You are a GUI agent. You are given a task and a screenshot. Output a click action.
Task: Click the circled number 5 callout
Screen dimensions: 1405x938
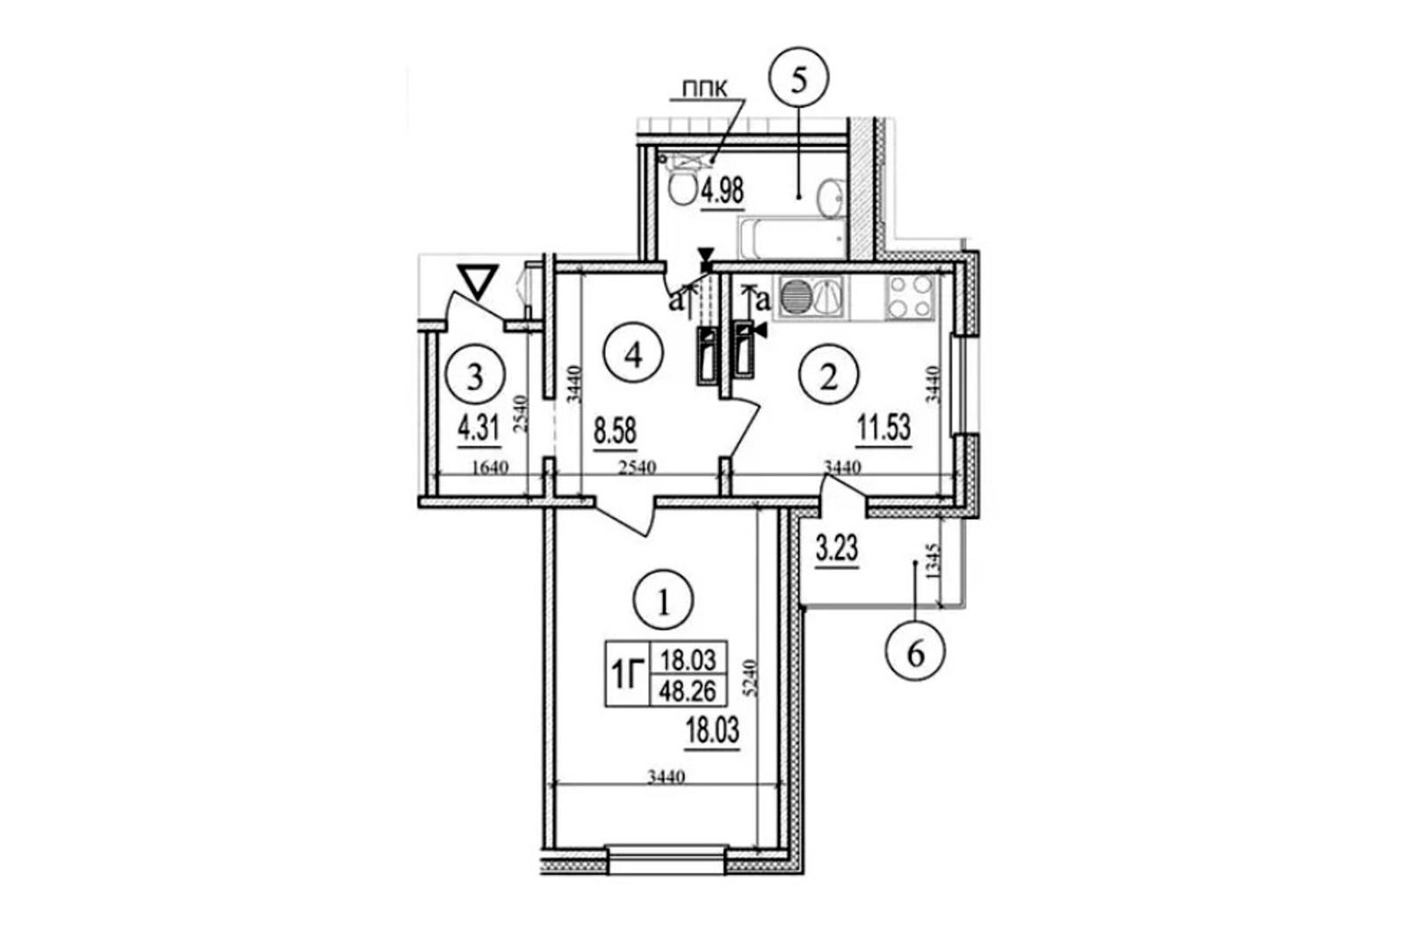798,79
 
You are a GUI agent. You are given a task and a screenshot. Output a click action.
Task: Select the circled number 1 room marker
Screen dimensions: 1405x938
664,599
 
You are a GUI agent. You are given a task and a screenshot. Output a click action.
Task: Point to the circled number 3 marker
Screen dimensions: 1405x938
475,377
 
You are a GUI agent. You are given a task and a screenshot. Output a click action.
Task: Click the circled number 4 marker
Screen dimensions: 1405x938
633,355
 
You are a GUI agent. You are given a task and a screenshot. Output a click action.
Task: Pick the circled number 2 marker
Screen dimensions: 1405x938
829,377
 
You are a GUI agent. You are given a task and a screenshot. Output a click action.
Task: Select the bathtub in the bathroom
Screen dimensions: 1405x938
791,238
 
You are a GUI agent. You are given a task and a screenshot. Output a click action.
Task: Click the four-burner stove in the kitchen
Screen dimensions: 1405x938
910,297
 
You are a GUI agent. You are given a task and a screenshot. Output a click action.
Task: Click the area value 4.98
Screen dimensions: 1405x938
723,191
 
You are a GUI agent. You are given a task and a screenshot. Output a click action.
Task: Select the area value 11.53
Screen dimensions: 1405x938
883,429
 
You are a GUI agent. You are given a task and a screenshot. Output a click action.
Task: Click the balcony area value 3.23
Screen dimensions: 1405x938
837,551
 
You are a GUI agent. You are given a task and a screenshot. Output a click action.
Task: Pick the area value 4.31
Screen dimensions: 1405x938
479,429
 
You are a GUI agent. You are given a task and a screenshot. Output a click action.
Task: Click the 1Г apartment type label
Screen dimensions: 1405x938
628,677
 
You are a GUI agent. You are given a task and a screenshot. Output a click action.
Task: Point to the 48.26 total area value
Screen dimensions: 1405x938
688,691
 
